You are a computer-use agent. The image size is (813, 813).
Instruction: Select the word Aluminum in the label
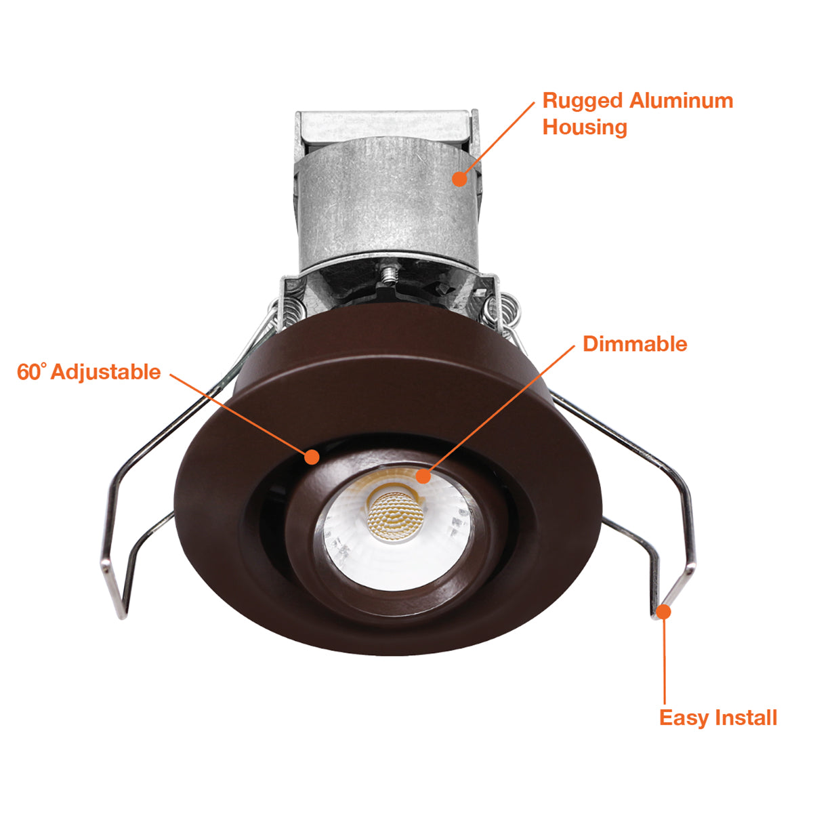682,101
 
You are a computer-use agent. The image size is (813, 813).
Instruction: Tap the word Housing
585,128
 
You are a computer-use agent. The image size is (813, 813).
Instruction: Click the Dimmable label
635,344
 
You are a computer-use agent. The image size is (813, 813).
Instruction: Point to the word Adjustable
106,373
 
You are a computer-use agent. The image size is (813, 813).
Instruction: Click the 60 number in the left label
28,373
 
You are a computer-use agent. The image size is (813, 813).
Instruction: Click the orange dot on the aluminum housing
459,178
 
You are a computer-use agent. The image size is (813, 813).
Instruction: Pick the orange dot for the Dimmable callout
423,476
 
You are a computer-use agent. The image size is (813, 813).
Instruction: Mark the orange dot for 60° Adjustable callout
312,457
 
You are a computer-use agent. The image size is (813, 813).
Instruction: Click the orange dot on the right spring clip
664,611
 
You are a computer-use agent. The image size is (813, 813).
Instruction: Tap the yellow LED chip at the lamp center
394,515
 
